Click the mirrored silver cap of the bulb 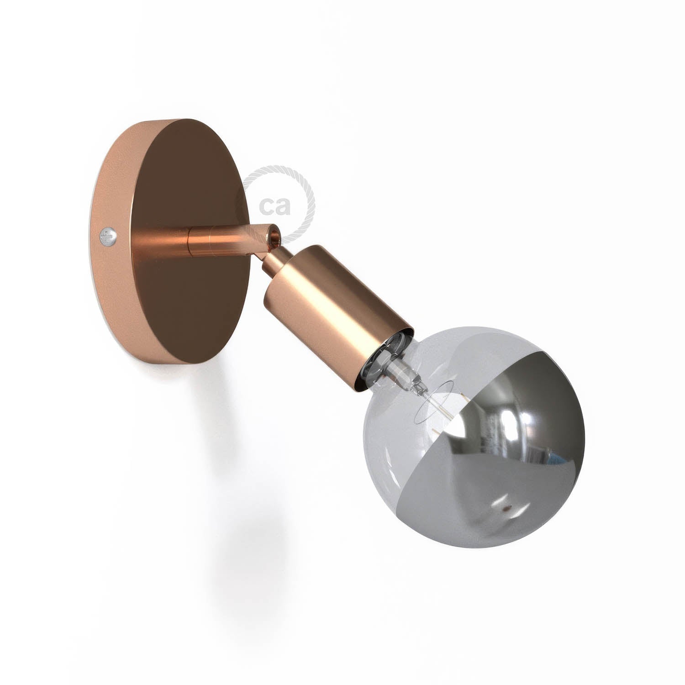[525, 411]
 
